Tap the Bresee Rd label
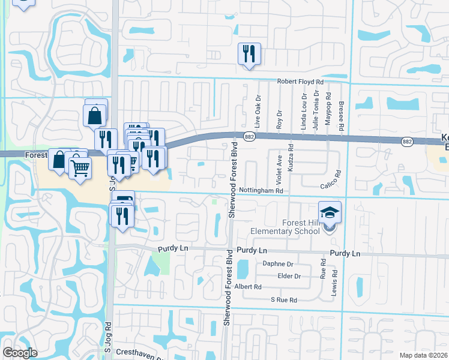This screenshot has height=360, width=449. coord(340,115)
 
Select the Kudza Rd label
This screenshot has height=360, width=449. coord(291,161)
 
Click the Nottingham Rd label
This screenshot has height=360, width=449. coord(261,190)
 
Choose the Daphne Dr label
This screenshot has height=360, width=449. coord(278,264)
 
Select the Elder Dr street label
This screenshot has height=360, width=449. coord(289,276)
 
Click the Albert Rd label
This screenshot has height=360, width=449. coord(249,287)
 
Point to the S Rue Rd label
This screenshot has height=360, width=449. coord(284,299)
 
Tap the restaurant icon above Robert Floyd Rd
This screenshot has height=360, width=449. coord(248,54)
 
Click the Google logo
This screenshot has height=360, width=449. coord(20,353)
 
